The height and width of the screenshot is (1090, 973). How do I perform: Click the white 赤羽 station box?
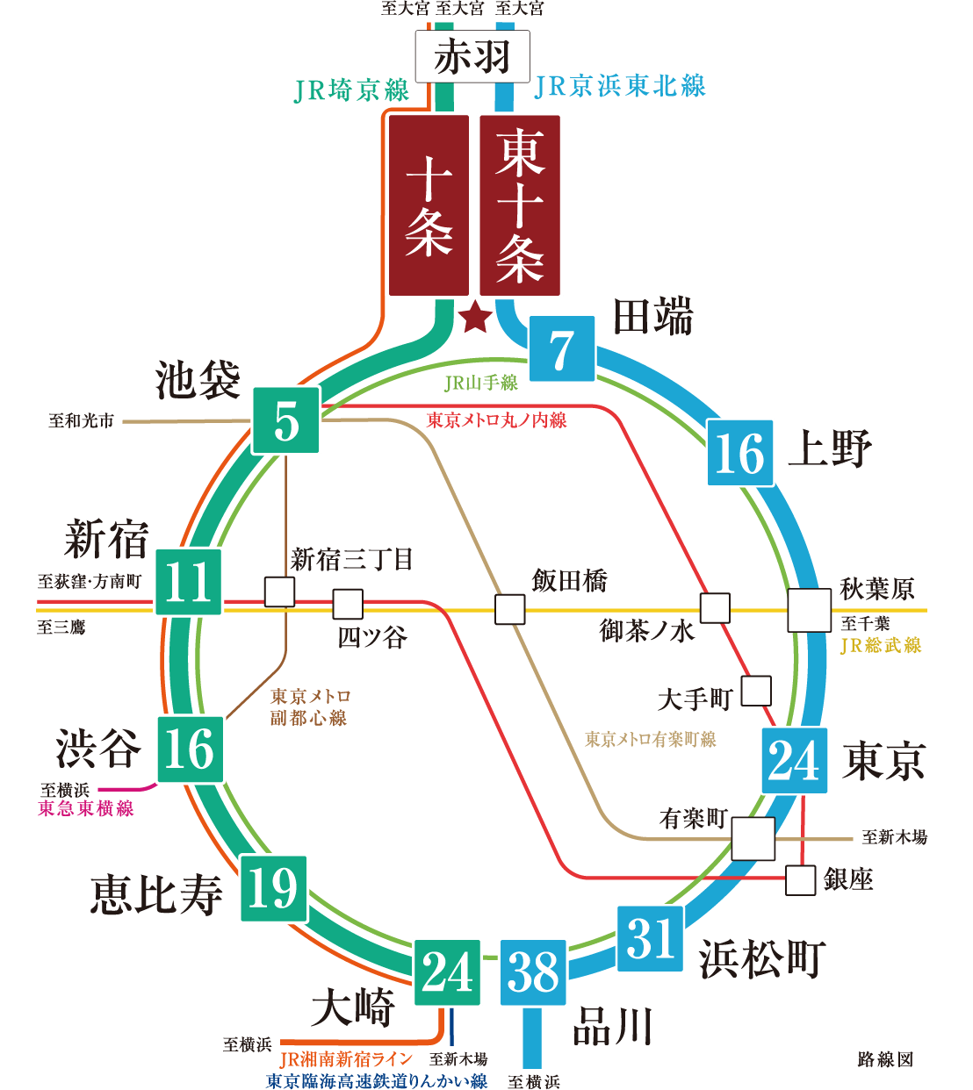(472, 57)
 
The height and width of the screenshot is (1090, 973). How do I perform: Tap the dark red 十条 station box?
(429, 205)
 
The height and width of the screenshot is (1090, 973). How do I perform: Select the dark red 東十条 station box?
(520, 205)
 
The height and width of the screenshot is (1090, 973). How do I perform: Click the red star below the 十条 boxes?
(475, 317)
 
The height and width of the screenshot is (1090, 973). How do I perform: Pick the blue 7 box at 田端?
(562, 348)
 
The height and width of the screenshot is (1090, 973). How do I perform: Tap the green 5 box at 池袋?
(286, 420)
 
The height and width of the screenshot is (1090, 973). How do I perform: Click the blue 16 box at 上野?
(740, 453)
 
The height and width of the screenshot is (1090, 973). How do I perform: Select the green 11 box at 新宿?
(189, 582)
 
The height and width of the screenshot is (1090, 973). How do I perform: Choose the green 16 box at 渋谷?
(191, 749)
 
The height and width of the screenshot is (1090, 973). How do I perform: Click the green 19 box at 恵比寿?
(274, 888)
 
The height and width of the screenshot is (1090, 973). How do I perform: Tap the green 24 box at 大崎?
(448, 972)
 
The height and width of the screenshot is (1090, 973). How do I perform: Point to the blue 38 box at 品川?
(533, 972)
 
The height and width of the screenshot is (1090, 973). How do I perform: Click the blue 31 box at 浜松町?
(650, 938)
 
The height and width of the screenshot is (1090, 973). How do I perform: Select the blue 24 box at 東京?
(795, 761)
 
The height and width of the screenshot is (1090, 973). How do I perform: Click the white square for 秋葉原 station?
(809, 610)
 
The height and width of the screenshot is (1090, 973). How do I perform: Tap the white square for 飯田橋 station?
(509, 609)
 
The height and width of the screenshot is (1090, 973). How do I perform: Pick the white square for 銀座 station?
(800, 880)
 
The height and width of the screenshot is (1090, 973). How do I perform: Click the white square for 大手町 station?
(756, 691)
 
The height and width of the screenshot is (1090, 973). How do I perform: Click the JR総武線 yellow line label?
(880, 646)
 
